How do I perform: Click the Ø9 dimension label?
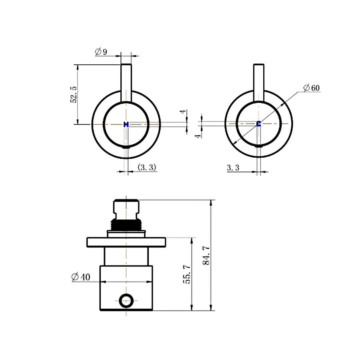tap(101, 52)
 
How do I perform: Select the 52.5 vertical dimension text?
tap(74, 95)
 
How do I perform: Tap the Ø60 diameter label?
tap(311, 88)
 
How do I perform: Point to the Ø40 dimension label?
tap(81, 277)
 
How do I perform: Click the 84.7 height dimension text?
tap(206, 255)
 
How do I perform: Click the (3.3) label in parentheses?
tap(147, 167)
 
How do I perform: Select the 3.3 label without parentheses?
tap(233, 168)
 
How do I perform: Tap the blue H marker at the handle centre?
tap(126, 124)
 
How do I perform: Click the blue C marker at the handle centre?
tap(259, 124)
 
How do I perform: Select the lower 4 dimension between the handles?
tap(199, 136)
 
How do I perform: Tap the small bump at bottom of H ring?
tap(126, 147)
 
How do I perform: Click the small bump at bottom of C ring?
tap(259, 146)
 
